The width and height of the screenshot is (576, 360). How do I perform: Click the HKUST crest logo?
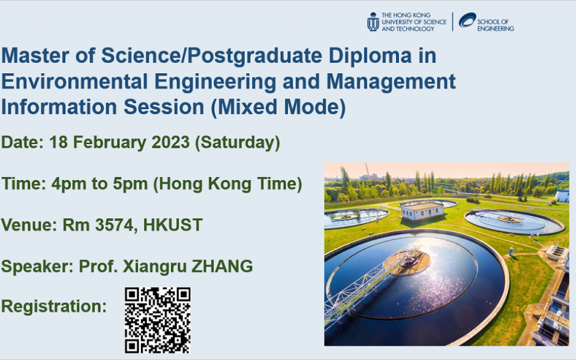[373, 22]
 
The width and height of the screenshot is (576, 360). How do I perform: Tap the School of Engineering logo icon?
[467, 21]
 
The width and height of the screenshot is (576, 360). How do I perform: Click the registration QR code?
[157, 320]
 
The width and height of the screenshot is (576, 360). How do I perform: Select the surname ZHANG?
[222, 266]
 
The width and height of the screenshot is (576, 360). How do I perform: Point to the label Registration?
[53, 306]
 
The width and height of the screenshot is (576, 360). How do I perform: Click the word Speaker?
[38, 266]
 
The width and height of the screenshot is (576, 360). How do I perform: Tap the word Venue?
[28, 225]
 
